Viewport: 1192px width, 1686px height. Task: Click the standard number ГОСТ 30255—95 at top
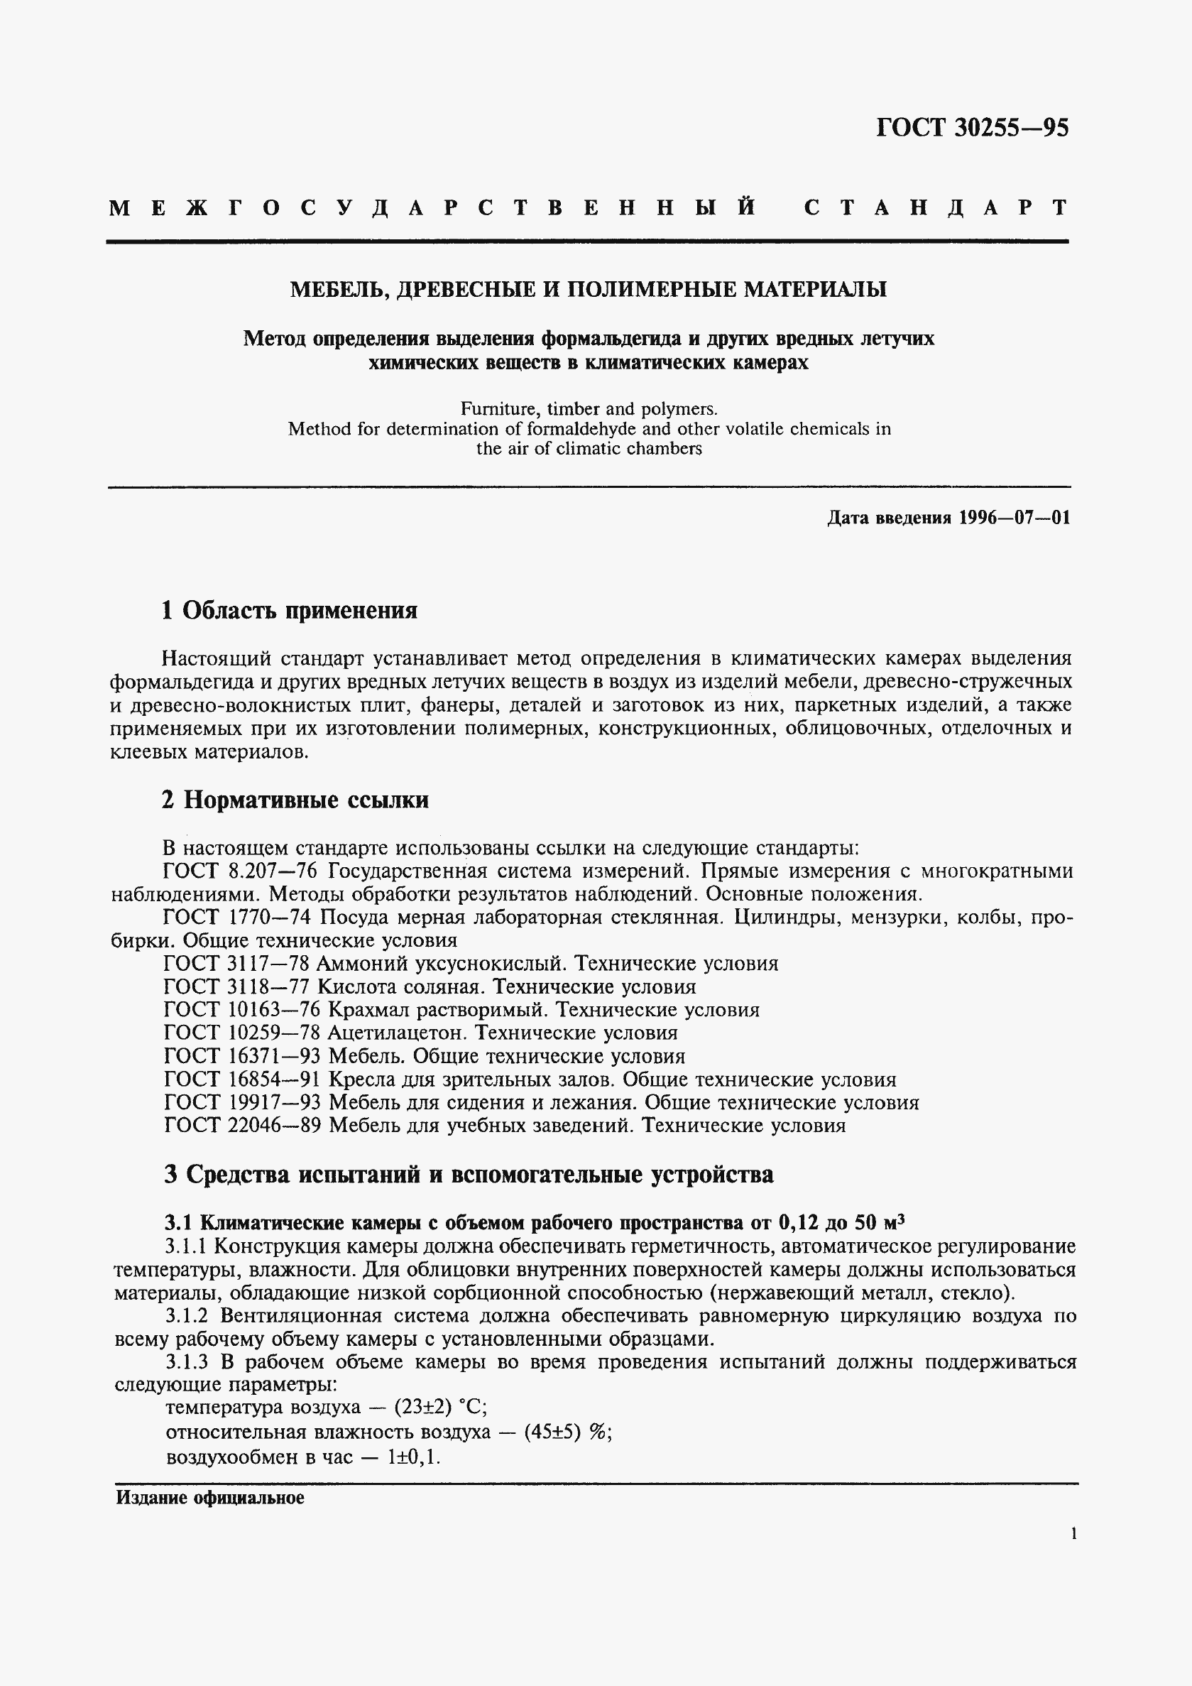[x=972, y=128]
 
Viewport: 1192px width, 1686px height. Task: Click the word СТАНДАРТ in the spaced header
[x=936, y=208]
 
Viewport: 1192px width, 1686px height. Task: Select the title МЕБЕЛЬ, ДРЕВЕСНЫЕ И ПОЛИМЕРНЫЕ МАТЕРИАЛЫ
[x=588, y=289]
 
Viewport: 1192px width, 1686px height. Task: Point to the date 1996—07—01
[x=1014, y=518]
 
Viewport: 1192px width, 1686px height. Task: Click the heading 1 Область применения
[x=289, y=610]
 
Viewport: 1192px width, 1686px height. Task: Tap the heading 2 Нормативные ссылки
[x=295, y=800]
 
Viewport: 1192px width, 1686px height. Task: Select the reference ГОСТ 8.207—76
[x=241, y=871]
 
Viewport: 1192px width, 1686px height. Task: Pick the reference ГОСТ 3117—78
[x=237, y=964]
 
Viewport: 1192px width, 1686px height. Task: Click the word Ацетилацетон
[x=397, y=1033]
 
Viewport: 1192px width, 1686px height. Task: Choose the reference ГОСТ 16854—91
[x=241, y=1080]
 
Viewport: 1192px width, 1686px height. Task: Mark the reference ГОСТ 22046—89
[x=241, y=1126]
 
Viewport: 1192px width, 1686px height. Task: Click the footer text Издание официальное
[x=210, y=1498]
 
